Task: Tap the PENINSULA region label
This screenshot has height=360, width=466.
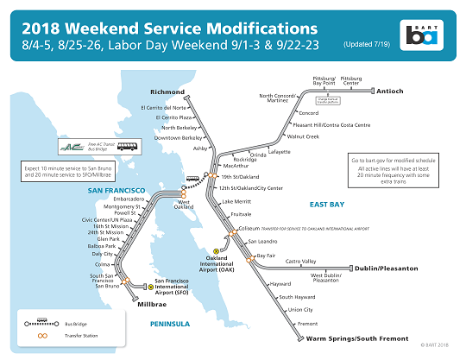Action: (x=169, y=324)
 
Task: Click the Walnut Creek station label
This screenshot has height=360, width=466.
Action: (x=303, y=136)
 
